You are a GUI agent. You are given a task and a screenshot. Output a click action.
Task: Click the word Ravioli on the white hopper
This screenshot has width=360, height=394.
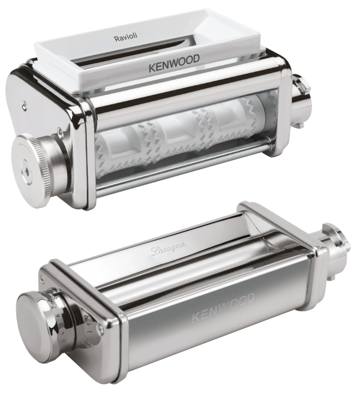tap(129, 38)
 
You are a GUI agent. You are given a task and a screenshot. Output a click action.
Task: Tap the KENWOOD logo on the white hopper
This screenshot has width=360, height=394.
tap(174, 64)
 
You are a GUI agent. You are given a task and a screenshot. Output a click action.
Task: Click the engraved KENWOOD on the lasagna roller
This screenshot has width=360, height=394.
tap(223, 308)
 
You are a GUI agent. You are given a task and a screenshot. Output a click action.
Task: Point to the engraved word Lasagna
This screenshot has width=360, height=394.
tap(169, 248)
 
